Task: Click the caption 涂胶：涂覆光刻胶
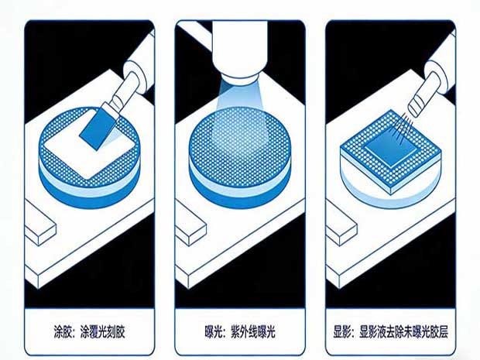click(89, 332)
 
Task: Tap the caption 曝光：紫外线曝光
click(240, 332)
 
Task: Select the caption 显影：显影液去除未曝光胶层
click(391, 332)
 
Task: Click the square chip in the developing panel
click(391, 152)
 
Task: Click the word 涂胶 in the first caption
click(63, 332)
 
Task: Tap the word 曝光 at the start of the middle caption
click(214, 332)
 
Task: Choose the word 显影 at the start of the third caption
click(343, 332)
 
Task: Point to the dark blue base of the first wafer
click(89, 195)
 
